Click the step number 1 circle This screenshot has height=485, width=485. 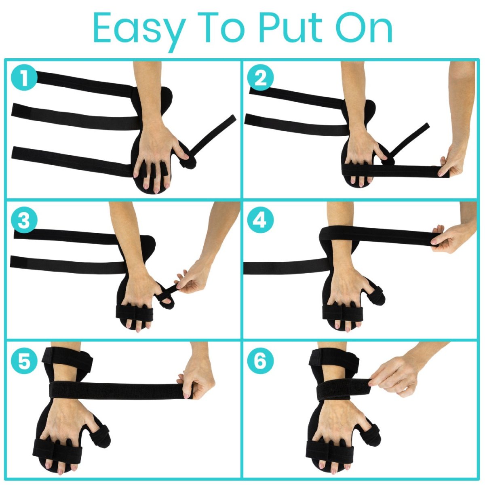[25, 78]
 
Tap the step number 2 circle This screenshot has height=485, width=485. [261, 78]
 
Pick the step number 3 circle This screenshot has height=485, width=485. [25, 221]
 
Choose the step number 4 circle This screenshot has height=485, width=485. [261, 221]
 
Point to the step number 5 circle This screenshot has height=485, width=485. [25, 361]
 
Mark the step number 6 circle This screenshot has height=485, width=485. [261, 361]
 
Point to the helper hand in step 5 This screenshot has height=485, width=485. [198, 380]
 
